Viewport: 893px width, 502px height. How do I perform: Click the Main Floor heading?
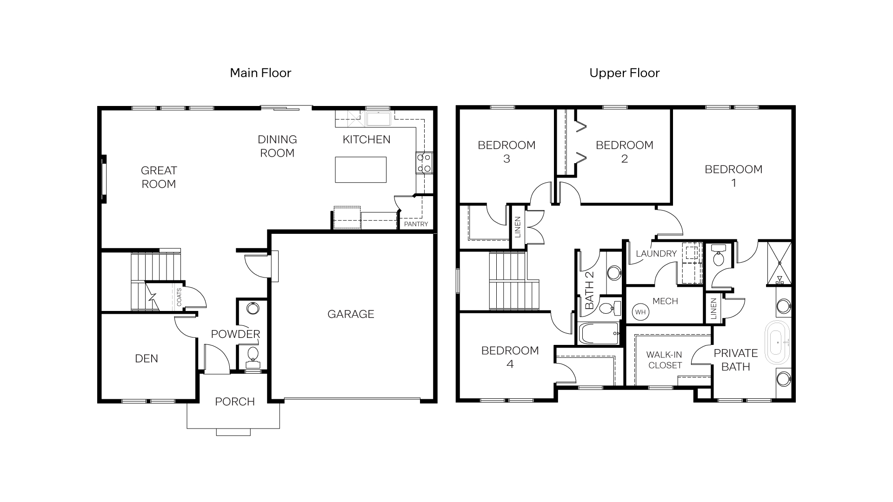tap(260, 73)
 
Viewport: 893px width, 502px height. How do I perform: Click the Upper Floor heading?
tap(624, 73)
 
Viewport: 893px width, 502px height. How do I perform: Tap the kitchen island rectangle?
tap(360, 170)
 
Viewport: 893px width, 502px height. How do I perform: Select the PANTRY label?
tap(416, 224)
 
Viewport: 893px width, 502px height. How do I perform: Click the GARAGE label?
tap(351, 314)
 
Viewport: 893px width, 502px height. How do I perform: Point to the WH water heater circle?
tap(640, 312)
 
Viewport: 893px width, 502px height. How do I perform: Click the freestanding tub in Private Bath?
tap(778, 343)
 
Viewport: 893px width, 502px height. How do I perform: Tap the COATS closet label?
tap(179, 297)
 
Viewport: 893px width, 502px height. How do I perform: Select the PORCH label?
tap(234, 402)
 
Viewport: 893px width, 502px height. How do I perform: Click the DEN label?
tap(147, 358)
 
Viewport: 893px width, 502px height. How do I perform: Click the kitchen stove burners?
tap(424, 163)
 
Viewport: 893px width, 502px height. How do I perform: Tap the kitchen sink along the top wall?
tap(378, 118)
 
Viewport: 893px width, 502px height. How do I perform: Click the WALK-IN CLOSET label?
tap(665, 360)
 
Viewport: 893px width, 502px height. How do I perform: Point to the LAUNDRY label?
tap(656, 254)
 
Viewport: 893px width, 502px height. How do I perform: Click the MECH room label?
tap(665, 301)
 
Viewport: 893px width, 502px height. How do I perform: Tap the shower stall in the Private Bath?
tap(779, 263)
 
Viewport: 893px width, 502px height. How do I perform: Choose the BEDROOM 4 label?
tap(510, 357)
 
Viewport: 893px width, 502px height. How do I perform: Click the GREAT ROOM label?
tap(159, 177)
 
